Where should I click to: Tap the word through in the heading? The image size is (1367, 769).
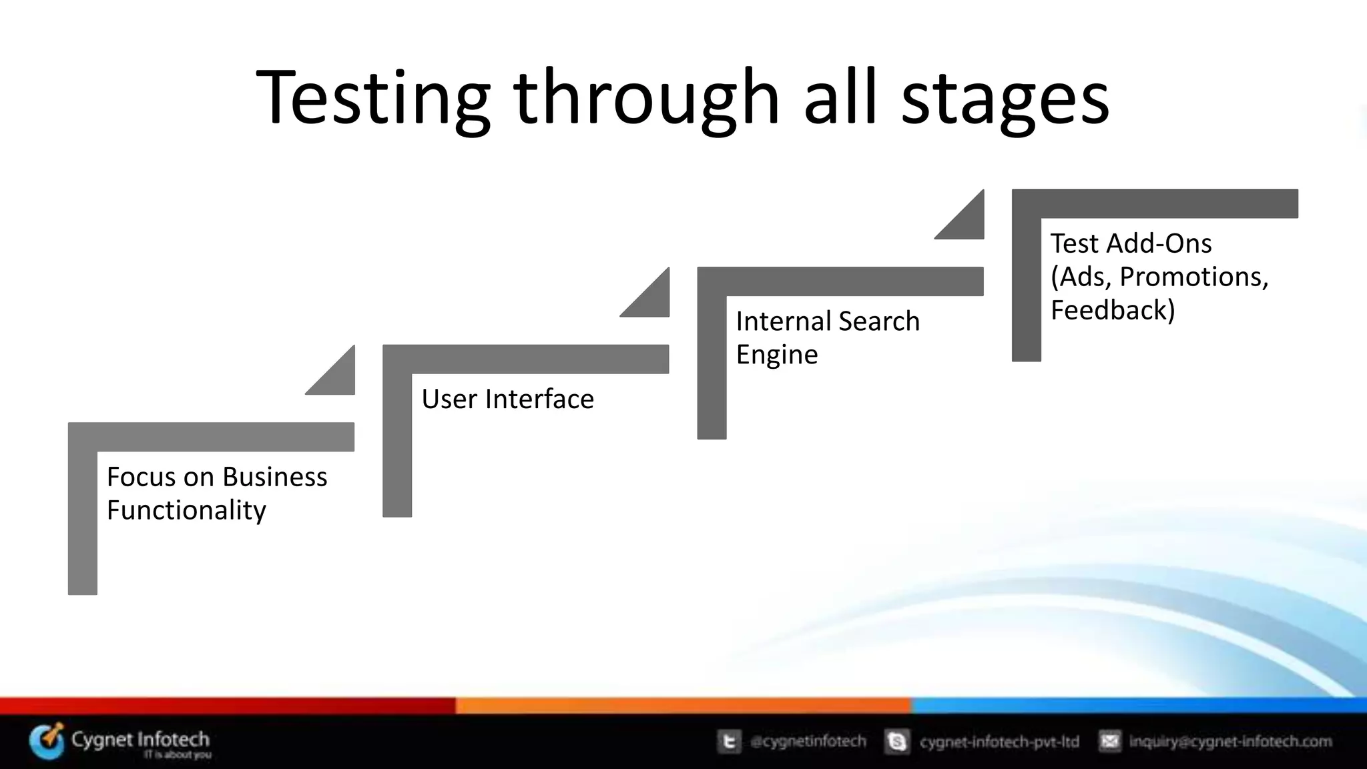pyautogui.click(x=646, y=99)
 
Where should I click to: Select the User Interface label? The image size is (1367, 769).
pyautogui.click(x=507, y=399)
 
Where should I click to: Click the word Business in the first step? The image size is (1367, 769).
pyautogui.click(x=274, y=477)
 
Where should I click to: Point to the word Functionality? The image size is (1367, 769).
pyautogui.click(x=186, y=510)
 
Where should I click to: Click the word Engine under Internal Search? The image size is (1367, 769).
pyautogui.click(x=776, y=355)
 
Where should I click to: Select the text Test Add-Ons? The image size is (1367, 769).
pyautogui.click(x=1131, y=243)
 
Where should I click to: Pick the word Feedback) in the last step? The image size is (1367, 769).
pyautogui.click(x=1112, y=310)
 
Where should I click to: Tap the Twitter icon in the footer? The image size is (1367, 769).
pyautogui.click(x=729, y=742)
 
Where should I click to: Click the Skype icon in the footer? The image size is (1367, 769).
pyautogui.click(x=897, y=742)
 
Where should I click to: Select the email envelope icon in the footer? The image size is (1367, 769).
pyautogui.click(x=1109, y=742)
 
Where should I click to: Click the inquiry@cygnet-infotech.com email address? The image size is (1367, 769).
pyautogui.click(x=1230, y=742)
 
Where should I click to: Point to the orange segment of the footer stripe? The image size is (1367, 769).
pyautogui.click(x=683, y=706)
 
